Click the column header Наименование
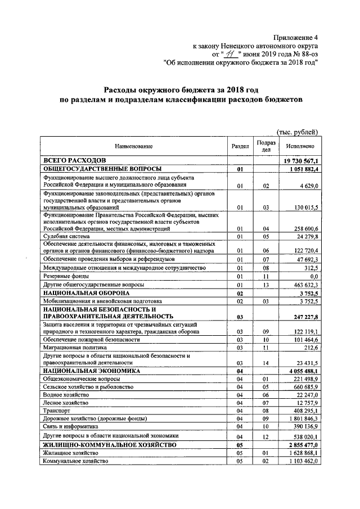134,146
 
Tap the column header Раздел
240,146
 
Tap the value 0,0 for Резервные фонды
314,276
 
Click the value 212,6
310,347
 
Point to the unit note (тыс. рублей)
298,132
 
